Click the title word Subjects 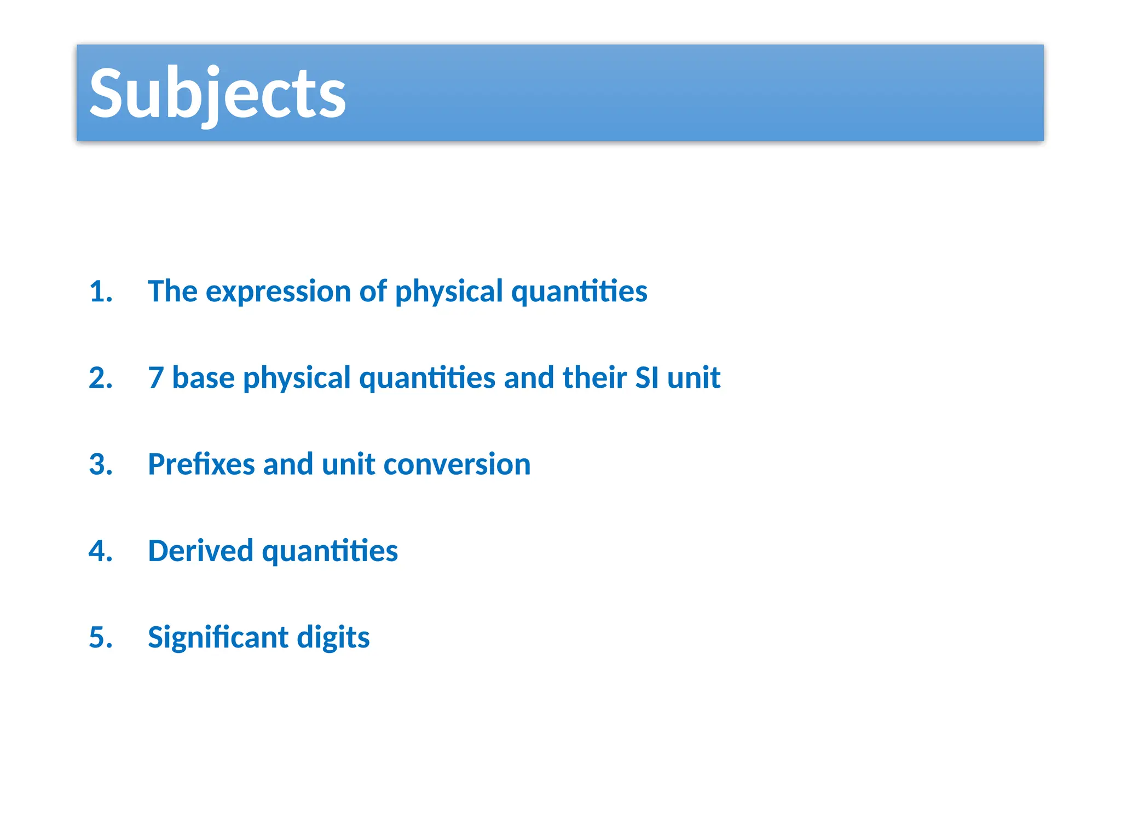point(217,93)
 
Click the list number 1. point(100,291)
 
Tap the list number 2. point(100,378)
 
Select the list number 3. point(100,464)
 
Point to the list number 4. point(100,551)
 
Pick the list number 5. point(100,638)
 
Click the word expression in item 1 point(278,291)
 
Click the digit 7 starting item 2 point(156,378)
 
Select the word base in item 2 point(203,378)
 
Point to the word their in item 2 point(594,378)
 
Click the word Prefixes point(201,464)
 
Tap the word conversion point(457,464)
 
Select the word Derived point(200,551)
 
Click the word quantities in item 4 point(330,551)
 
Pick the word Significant point(218,638)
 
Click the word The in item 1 point(172,291)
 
